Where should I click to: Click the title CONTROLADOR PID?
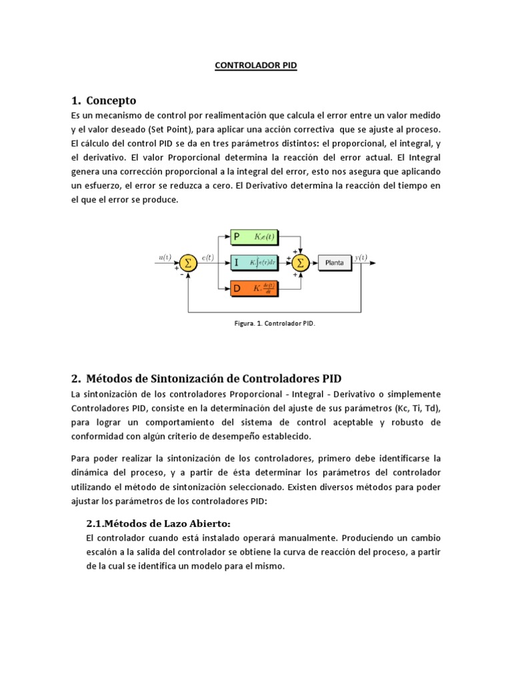click(255, 66)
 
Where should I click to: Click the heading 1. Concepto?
click(103, 101)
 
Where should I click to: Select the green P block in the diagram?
click(255, 236)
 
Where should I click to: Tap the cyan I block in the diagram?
click(255, 262)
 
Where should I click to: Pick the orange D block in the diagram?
click(255, 288)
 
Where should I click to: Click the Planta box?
click(334, 262)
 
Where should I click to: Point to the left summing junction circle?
click(187, 263)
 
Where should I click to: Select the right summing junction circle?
click(301, 262)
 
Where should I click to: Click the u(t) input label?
click(165, 256)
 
